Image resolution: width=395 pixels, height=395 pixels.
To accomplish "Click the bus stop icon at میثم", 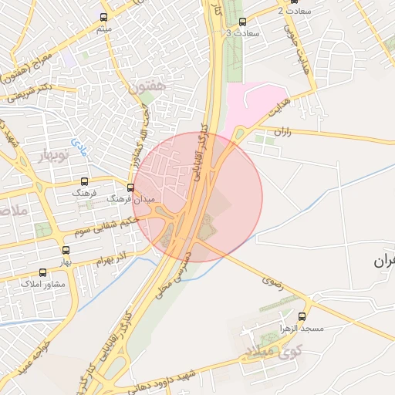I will tap(103, 17).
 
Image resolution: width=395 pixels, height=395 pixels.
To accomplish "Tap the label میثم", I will tap(103, 29).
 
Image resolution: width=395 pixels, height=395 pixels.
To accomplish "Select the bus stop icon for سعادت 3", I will tap(243, 22).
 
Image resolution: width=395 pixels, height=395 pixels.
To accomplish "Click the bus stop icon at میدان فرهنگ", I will tap(130, 187).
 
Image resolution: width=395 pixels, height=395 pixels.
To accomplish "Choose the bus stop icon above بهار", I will tap(65, 250).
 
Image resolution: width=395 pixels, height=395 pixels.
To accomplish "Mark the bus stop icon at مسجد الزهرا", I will tap(302, 316).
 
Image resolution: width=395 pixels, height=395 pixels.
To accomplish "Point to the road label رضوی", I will tap(273, 284).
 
